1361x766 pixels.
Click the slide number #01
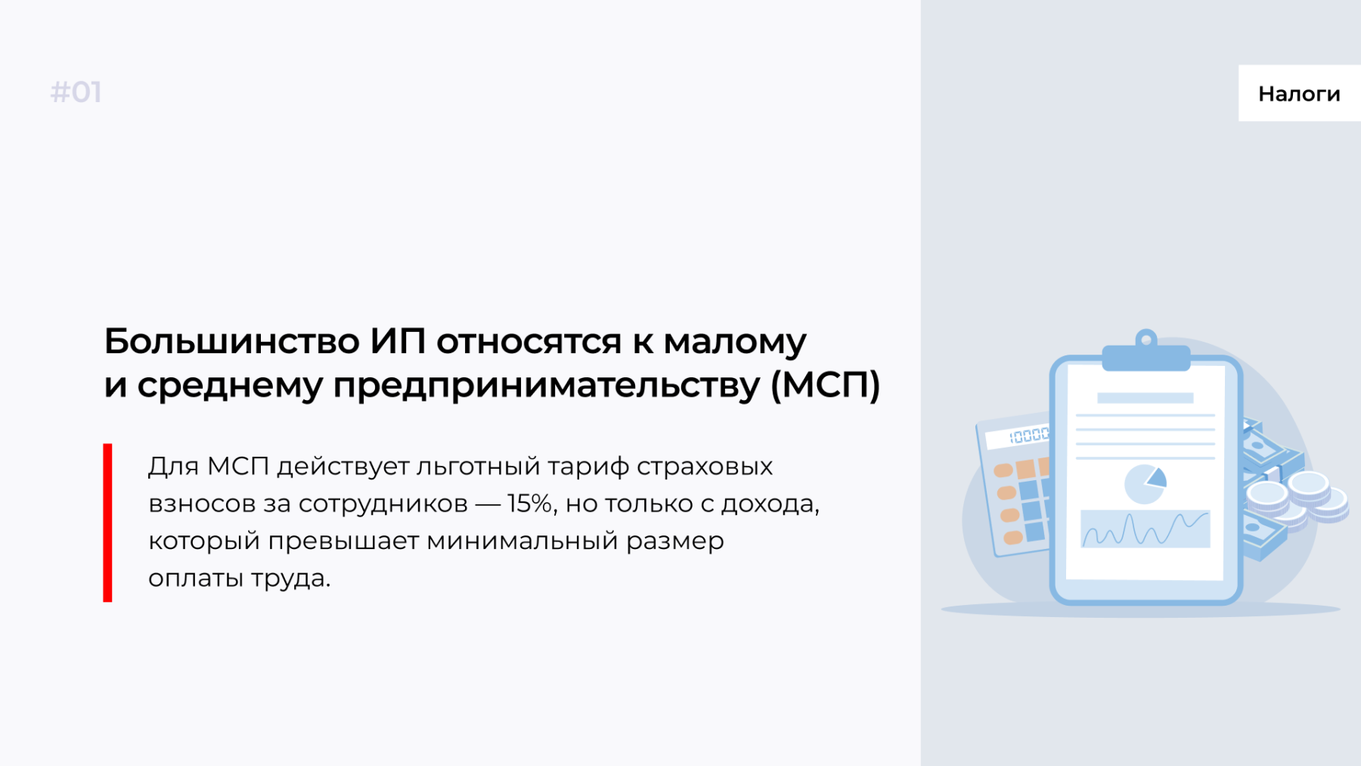point(76,92)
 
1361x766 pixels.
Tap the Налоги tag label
point(1299,94)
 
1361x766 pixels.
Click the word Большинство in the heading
point(231,341)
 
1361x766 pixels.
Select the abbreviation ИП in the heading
point(398,341)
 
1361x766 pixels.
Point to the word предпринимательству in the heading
point(547,386)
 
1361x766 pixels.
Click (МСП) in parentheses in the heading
point(826,385)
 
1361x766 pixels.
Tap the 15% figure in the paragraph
point(530,503)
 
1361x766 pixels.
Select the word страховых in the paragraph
point(705,467)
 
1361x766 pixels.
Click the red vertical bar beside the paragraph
point(107,523)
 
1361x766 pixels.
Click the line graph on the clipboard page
point(1146,529)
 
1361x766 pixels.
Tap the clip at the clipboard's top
point(1146,351)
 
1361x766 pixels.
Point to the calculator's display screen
point(1018,436)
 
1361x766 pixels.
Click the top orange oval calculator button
point(1003,470)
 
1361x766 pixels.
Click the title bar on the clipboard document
point(1145,398)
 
